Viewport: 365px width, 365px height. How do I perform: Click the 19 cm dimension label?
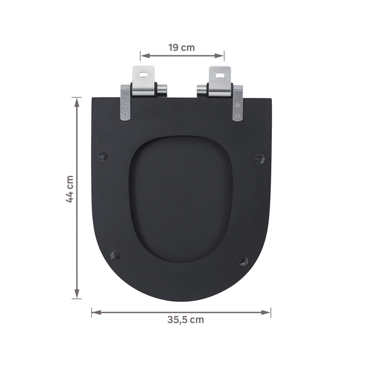(182, 47)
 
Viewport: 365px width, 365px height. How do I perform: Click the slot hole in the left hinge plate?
(144, 76)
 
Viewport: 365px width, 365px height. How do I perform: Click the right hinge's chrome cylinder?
(218, 90)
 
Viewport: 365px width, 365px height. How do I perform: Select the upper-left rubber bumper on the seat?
(102, 156)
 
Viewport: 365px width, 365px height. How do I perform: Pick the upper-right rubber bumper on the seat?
(260, 158)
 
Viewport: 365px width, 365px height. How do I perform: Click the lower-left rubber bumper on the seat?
(115, 255)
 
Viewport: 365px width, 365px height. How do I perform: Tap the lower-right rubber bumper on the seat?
(243, 261)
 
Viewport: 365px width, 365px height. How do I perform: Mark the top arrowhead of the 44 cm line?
(77, 100)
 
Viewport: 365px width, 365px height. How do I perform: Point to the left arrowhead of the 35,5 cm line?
(95, 312)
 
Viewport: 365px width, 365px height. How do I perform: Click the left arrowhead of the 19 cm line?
(144, 56)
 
